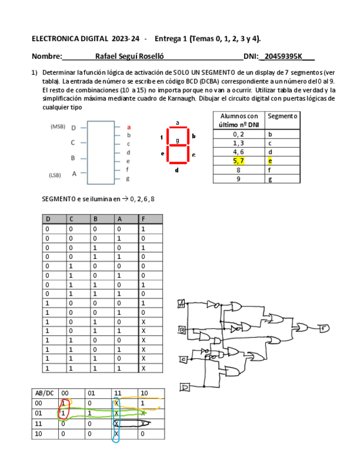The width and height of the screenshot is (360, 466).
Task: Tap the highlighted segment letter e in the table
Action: [270, 161]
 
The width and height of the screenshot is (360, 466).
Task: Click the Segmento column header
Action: [282, 116]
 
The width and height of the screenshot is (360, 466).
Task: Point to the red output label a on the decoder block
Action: [129, 127]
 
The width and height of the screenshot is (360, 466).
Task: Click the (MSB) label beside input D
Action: [58, 127]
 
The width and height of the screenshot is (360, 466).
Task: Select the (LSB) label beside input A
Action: [55, 175]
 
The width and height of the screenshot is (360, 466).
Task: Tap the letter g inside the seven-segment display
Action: [177, 141]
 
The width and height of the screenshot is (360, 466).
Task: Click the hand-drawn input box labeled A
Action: [181, 303]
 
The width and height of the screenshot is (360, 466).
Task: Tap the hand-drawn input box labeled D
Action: [185, 388]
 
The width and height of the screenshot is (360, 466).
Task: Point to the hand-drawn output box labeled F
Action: [324, 329]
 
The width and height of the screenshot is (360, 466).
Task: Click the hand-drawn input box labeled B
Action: [181, 330]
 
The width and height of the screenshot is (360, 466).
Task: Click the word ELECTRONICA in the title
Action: [54, 38]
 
